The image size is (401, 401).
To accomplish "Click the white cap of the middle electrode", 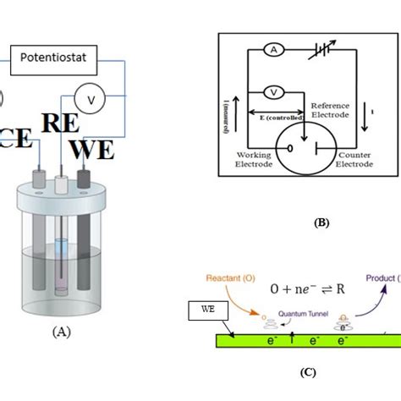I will click(x=63, y=182).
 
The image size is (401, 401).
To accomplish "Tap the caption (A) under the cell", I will click(x=60, y=332).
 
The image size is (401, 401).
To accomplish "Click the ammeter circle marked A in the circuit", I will click(x=274, y=51).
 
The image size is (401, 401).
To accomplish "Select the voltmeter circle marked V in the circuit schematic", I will click(x=274, y=91).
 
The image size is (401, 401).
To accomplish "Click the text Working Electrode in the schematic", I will click(x=253, y=160).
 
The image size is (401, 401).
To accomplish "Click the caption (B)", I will click(x=321, y=222).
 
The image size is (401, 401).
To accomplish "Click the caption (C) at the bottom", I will click(x=308, y=371).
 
